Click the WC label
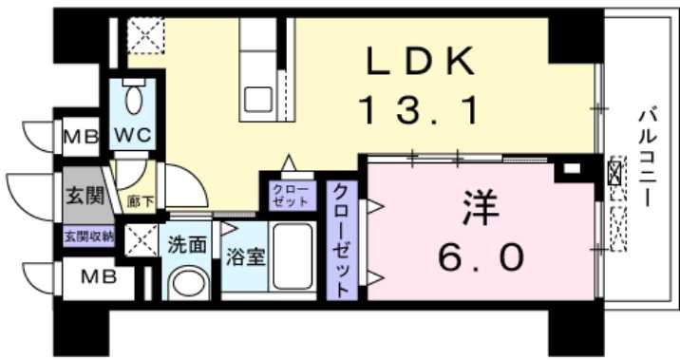click(x=132, y=136)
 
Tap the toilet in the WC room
click(x=133, y=98)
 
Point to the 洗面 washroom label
click(x=188, y=244)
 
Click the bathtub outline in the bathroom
click(x=294, y=258)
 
